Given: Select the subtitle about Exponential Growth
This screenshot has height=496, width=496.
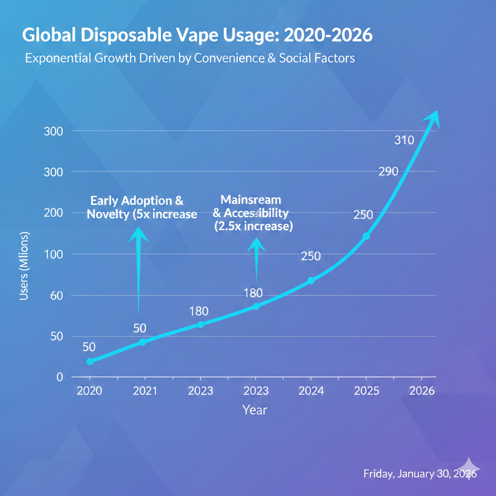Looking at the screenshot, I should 189,59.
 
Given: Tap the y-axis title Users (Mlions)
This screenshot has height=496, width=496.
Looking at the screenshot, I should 25,266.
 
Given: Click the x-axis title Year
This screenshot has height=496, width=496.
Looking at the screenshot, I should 255,410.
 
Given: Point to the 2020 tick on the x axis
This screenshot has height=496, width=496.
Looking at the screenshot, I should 90,391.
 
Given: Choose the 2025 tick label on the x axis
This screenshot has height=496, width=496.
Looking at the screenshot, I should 366,391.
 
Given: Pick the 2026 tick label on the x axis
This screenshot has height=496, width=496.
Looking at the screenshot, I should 421,391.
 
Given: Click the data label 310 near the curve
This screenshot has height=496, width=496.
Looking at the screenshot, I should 404,141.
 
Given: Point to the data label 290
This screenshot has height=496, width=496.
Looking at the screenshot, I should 388,171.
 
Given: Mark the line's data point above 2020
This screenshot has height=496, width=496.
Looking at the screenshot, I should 90,361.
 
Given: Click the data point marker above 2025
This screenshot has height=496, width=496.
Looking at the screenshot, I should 366,236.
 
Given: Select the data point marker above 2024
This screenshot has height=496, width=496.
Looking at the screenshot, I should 311,280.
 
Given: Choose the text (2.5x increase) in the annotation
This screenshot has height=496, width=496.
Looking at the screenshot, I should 253,227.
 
